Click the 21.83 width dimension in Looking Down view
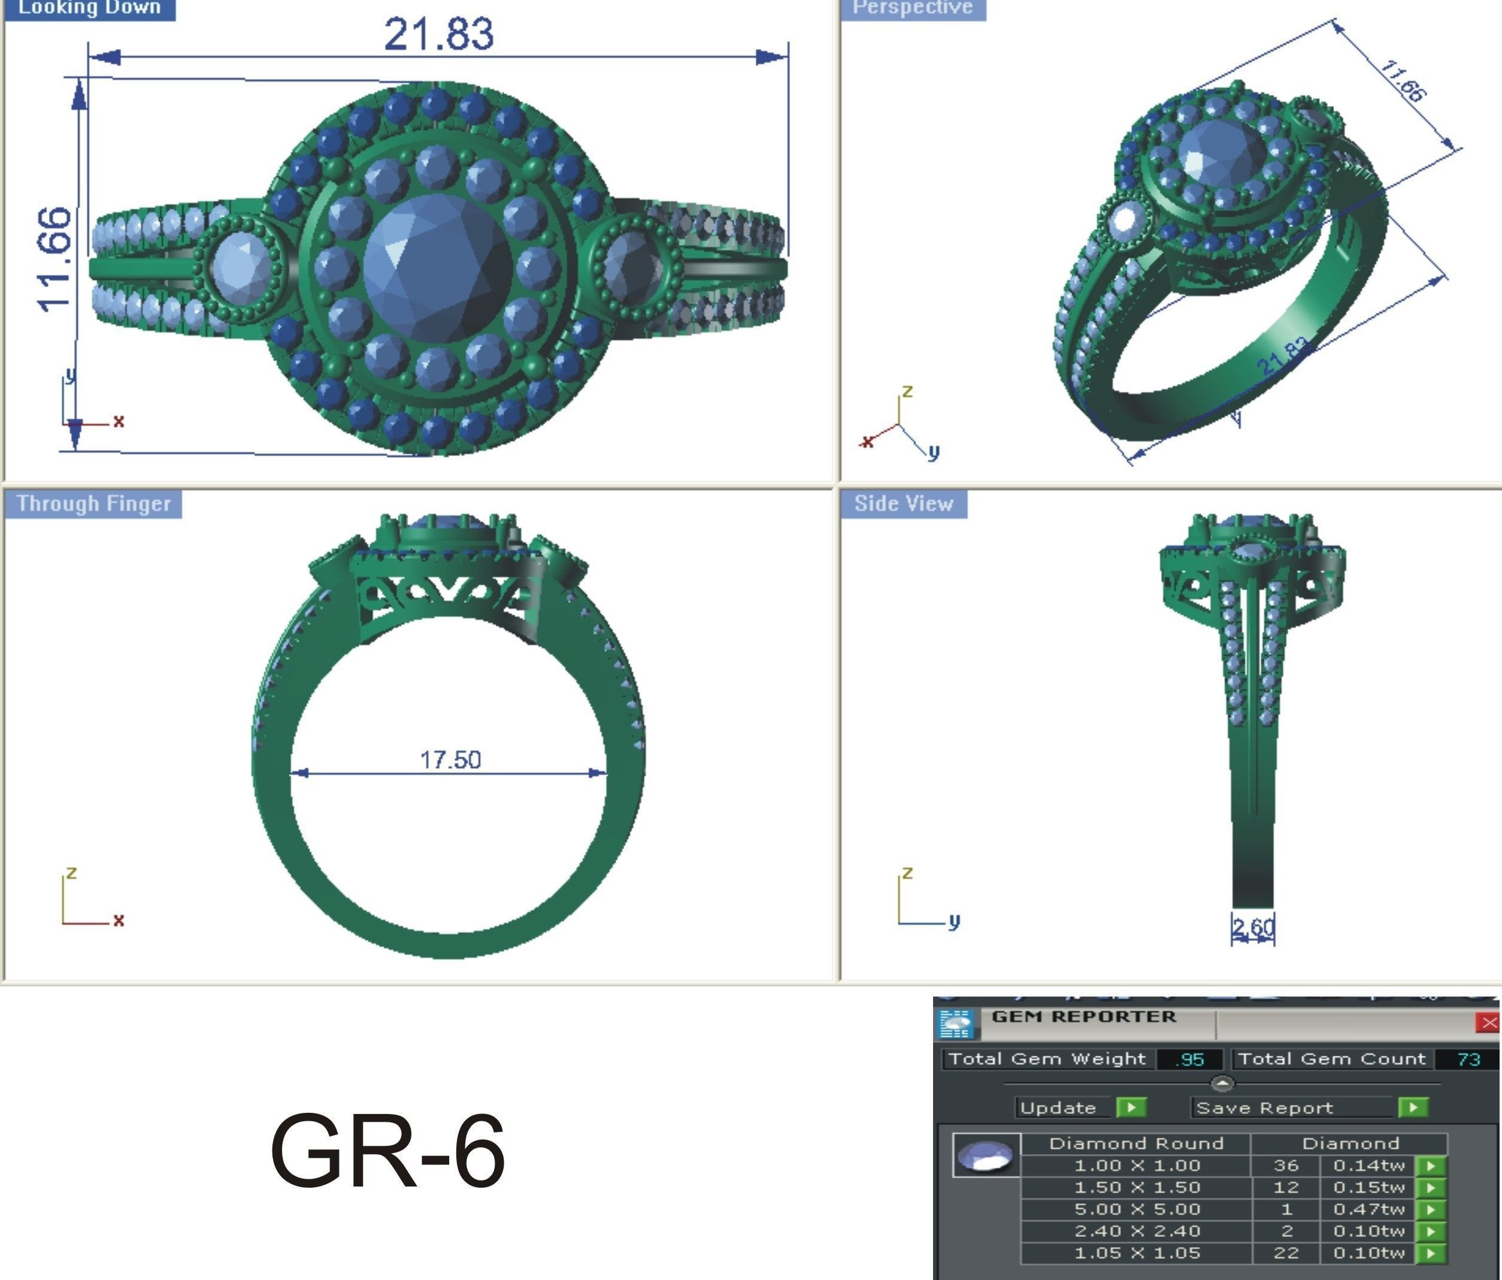[438, 34]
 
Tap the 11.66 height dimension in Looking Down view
[56, 259]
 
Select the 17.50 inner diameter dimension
[450, 759]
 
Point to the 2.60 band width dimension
[1253, 928]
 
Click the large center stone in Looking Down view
[437, 267]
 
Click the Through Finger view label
[93, 503]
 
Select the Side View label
[903, 503]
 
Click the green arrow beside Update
[1131, 1107]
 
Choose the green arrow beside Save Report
[1413, 1107]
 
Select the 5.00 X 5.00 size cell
[1137, 1209]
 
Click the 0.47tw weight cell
[1368, 1209]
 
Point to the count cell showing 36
[1286, 1166]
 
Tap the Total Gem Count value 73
[1468, 1059]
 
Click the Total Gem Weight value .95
[1189, 1059]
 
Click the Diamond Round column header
[1136, 1143]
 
